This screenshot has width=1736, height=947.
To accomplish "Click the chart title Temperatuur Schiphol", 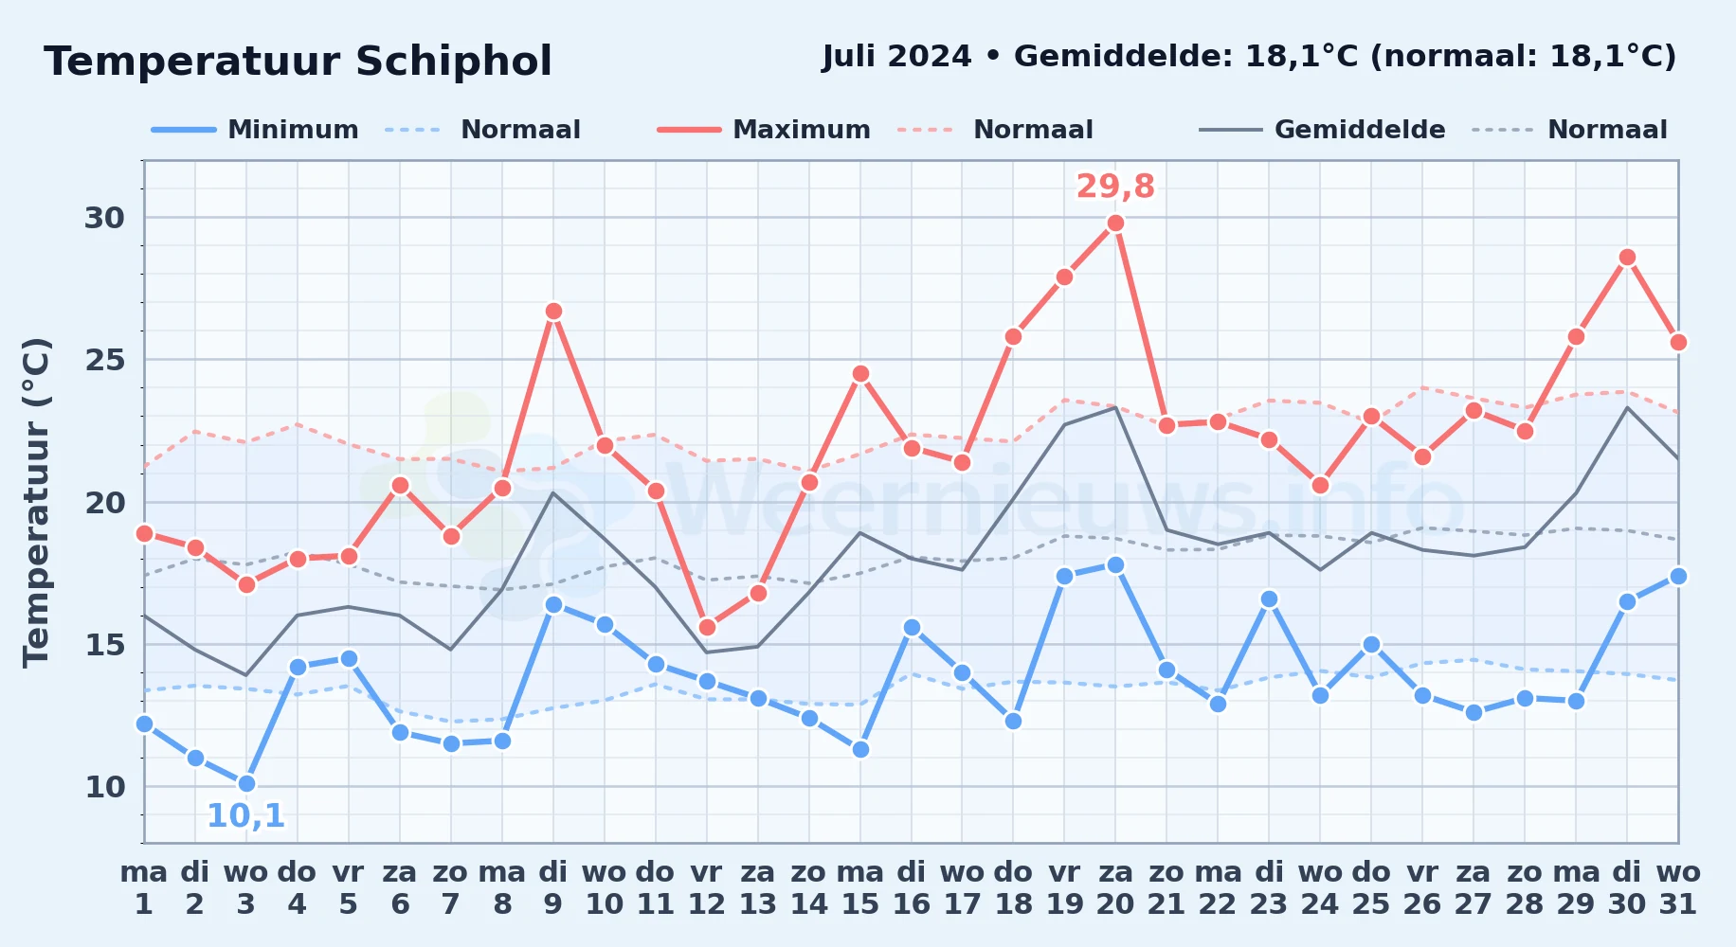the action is tap(298, 62).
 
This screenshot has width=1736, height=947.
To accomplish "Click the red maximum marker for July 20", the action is tap(1115, 223).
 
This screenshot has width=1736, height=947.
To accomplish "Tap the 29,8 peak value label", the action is tap(1115, 187).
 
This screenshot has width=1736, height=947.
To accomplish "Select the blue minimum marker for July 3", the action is tap(246, 783).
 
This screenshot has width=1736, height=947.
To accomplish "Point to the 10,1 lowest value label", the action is tap(246, 815).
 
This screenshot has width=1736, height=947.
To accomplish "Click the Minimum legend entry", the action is tap(255, 130).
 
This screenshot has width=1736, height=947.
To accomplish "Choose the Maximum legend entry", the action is tap(764, 130).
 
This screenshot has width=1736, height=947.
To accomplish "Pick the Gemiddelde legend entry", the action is tap(1322, 130).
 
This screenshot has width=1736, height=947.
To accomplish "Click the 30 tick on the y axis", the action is tap(105, 218).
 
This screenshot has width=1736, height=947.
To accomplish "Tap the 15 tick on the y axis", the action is tap(105, 645).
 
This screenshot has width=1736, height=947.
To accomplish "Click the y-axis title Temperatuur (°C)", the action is tap(37, 502).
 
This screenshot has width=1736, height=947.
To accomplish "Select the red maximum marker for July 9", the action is tap(553, 312).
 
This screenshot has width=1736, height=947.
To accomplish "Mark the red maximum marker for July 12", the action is tap(707, 627).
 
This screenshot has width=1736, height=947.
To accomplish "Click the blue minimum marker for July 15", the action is tap(860, 749).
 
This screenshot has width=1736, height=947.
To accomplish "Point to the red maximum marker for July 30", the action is tap(1627, 258).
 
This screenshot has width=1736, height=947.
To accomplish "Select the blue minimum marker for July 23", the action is tap(1269, 599).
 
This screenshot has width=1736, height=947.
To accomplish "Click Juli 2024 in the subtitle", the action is tap(896, 57).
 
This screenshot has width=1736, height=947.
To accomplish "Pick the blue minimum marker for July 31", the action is tap(1678, 576).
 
